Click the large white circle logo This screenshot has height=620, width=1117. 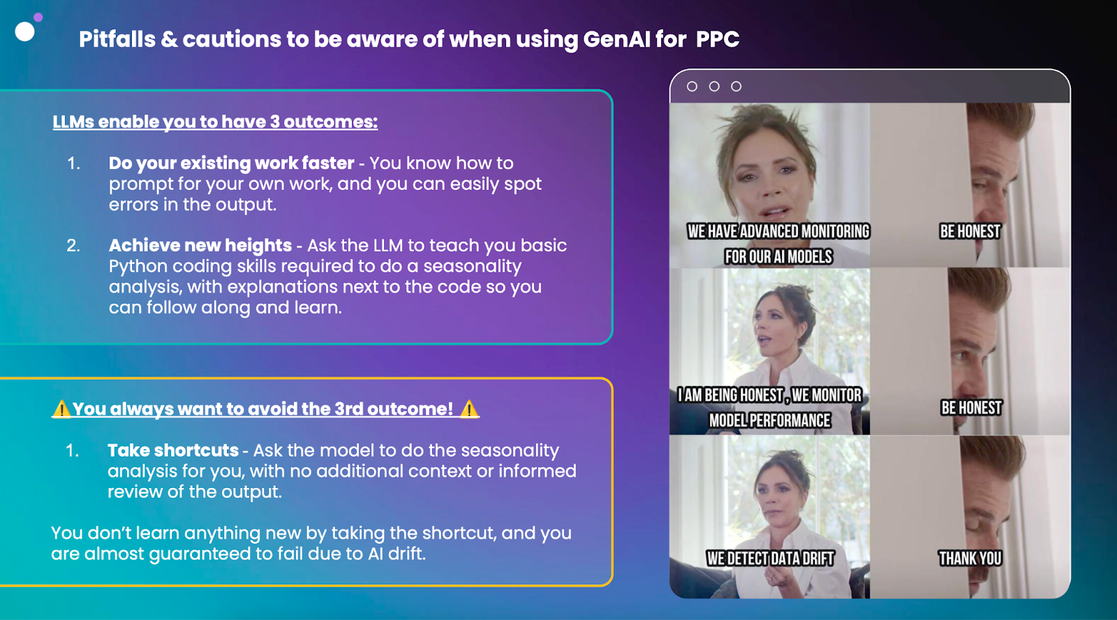24,32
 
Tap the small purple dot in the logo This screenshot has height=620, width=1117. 38,17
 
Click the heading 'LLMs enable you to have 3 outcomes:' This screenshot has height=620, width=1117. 215,121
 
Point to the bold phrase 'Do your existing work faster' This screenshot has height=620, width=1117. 231,163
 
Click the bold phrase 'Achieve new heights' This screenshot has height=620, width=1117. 200,245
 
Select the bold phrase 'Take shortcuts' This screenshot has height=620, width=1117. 173,450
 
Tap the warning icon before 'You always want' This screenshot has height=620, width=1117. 61,409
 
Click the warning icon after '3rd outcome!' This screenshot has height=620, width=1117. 468,409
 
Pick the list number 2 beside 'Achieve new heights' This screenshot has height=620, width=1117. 73,245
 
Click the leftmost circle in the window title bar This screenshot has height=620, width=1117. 692,87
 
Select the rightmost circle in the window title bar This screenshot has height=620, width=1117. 736,87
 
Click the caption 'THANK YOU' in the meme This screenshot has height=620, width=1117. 970,558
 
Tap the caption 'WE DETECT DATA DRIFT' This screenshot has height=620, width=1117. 770,559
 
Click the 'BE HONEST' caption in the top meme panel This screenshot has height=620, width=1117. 970,231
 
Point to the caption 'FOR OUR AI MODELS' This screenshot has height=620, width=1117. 778,256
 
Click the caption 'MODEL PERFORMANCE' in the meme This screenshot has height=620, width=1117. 770,420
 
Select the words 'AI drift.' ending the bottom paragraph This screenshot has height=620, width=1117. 397,554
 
